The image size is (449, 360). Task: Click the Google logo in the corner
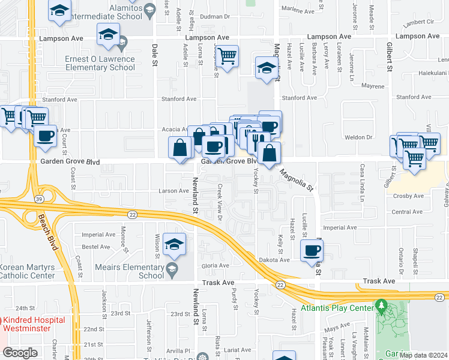20,353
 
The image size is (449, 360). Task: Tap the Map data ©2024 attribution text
423,355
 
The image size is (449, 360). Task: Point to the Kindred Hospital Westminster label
33,324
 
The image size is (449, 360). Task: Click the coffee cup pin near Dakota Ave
310,251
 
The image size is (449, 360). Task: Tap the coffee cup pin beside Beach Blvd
45,136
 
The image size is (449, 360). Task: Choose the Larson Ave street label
173,191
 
